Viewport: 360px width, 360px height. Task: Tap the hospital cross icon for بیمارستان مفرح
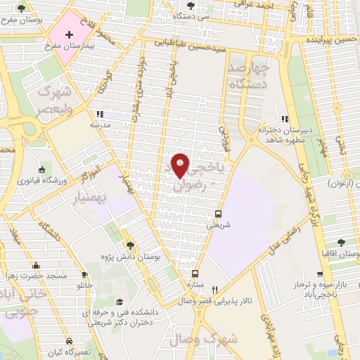coord(69,34)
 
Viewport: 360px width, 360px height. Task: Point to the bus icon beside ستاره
coord(195,274)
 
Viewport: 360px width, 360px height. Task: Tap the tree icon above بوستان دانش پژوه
coord(129,245)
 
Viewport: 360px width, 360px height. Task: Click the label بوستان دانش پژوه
coord(129,256)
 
